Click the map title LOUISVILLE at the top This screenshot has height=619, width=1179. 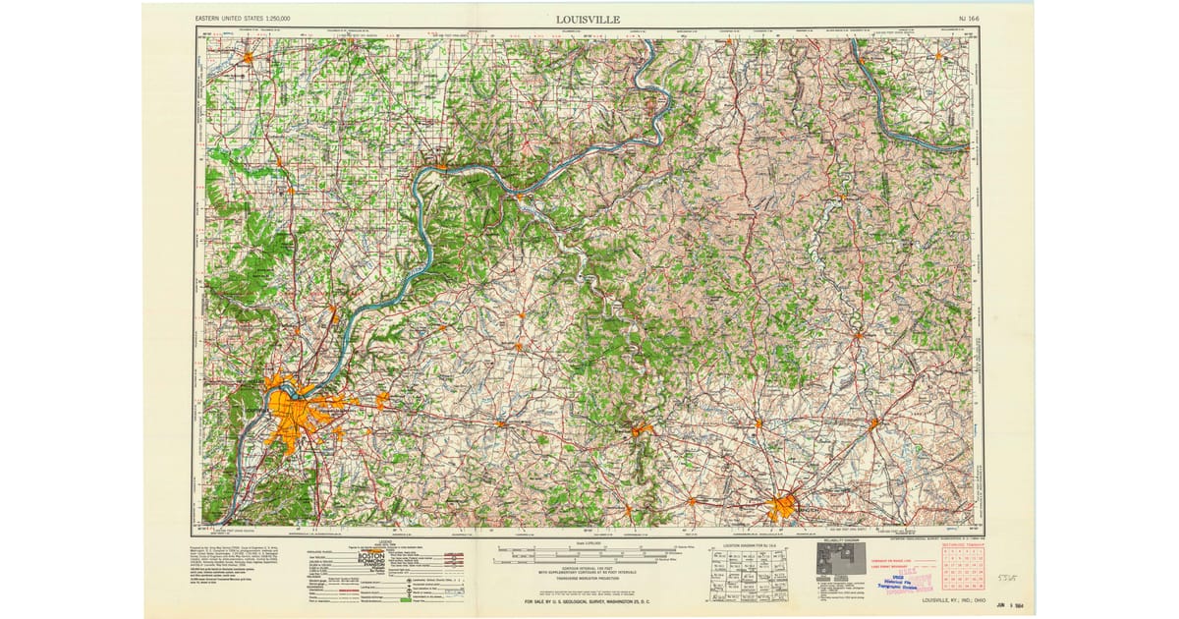tap(587, 18)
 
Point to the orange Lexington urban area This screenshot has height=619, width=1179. tap(783, 508)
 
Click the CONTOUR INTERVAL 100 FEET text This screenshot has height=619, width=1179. tap(587, 570)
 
